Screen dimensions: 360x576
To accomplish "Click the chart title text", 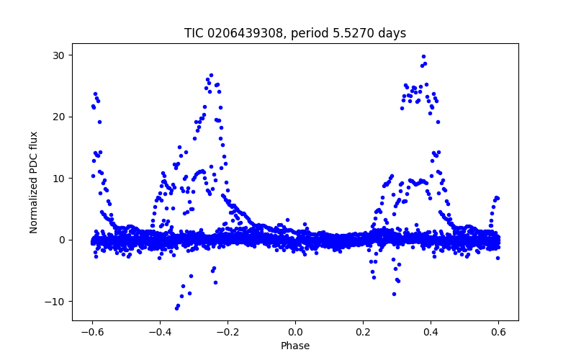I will click(295, 33).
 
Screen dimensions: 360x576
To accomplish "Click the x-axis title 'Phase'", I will click(295, 346).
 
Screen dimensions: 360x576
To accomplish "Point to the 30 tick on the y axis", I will click(58, 55).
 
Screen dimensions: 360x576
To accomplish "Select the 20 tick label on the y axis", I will click(58, 117).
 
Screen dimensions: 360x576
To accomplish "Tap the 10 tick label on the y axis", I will click(58, 179).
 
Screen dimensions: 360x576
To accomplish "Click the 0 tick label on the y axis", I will click(61, 240).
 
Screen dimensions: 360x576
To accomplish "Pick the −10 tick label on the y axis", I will click(55, 302).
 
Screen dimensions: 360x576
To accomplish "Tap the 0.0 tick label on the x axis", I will click(295, 332).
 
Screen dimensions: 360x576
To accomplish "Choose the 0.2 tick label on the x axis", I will click(363, 332).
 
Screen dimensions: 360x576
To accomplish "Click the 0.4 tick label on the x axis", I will click(431, 332).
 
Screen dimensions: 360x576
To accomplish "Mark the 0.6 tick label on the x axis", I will click(498, 332).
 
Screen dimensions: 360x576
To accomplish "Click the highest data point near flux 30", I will click(423, 56).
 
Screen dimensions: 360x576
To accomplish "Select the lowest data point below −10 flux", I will click(176, 308).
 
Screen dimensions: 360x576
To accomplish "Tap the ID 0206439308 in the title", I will click(244, 33).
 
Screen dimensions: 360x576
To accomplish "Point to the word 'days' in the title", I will click(392, 33).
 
